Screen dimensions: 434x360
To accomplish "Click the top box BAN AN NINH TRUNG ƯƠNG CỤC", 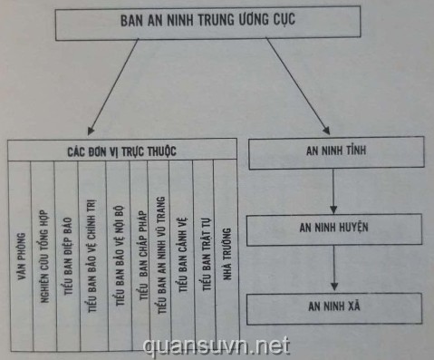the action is [x=207, y=23].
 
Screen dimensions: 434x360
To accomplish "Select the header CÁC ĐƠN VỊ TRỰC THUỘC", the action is [x=122, y=151].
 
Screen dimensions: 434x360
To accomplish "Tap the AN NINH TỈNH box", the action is [x=336, y=152].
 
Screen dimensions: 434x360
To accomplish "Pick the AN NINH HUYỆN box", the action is [x=334, y=229].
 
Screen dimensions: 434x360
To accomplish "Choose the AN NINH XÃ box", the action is [x=334, y=308].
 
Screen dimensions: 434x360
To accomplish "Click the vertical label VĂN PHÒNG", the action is [x=21, y=257].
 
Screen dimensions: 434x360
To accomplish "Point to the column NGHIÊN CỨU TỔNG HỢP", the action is [x=44, y=257].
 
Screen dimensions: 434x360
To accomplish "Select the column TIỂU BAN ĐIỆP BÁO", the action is [x=68, y=257].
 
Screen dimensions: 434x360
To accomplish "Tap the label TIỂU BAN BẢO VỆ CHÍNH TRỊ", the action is [x=92, y=256].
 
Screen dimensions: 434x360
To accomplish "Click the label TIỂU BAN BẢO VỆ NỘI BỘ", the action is [x=120, y=256].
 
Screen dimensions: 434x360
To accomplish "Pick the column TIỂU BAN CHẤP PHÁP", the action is [x=143, y=256].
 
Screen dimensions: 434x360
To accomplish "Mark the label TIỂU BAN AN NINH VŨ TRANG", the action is [x=161, y=255].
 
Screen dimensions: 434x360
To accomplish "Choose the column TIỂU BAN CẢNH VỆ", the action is [x=183, y=255].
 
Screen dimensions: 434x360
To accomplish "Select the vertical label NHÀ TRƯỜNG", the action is [x=227, y=254].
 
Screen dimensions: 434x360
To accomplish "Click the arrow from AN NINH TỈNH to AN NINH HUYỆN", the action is [x=333, y=191].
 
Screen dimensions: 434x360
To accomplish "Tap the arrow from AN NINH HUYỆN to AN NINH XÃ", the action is [x=333, y=268].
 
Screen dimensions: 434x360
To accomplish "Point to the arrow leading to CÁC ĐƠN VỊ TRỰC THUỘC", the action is [x=113, y=87].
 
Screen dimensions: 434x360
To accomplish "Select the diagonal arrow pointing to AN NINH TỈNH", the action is [x=298, y=86].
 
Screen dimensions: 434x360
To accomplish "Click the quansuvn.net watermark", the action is [x=217, y=346].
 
